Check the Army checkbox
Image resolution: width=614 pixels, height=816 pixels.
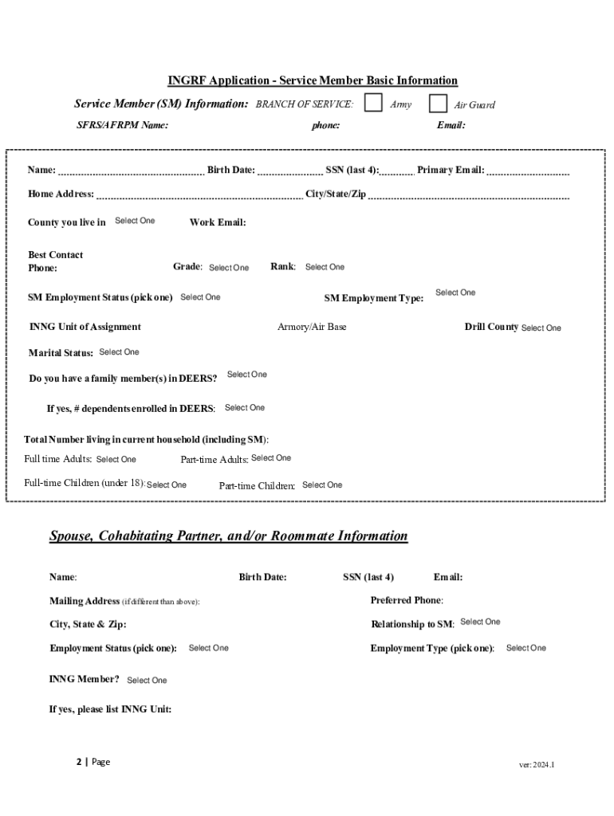click(x=372, y=104)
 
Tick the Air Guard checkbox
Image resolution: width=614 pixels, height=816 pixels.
click(x=438, y=104)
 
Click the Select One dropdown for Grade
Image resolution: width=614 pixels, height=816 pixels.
click(x=229, y=268)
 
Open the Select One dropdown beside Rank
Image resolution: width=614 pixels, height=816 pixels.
click(x=325, y=267)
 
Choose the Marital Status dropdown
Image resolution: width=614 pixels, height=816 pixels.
click(x=119, y=352)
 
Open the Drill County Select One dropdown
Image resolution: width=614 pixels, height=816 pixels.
click(x=541, y=328)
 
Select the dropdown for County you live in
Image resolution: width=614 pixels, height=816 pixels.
click(x=135, y=221)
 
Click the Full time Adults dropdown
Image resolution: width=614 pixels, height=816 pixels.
click(x=116, y=459)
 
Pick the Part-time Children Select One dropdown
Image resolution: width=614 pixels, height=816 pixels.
click(x=322, y=484)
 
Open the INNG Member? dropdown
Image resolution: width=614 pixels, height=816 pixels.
click(x=147, y=681)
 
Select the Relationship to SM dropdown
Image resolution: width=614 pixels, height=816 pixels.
click(x=480, y=622)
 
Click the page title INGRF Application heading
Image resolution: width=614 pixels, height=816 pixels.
click(x=313, y=80)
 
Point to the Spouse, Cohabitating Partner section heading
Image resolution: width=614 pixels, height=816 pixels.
click(x=228, y=536)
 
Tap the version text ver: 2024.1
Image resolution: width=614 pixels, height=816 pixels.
click(x=537, y=765)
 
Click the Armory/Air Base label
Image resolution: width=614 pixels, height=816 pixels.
click(x=312, y=327)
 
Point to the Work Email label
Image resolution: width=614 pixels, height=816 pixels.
click(x=218, y=222)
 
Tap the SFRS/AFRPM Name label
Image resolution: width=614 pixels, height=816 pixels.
click(x=122, y=125)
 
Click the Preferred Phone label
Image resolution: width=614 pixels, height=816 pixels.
click(x=407, y=600)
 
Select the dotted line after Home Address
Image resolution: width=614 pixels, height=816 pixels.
click(x=199, y=197)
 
